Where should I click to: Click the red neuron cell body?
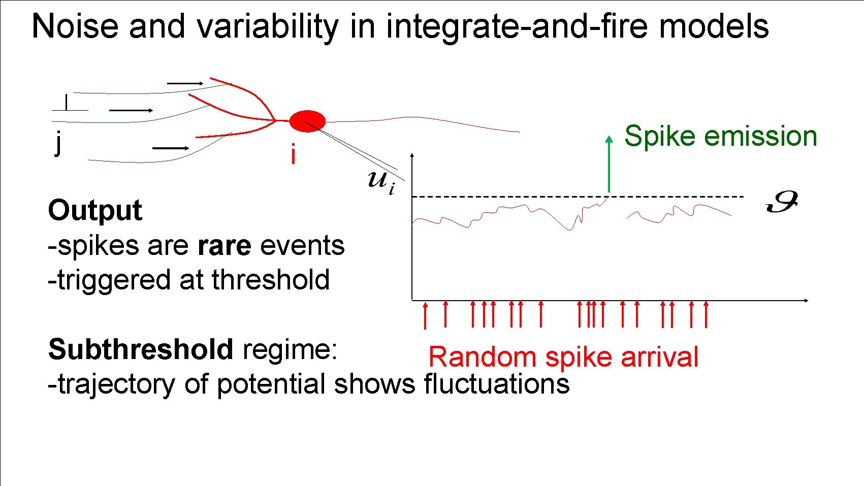[x=307, y=121]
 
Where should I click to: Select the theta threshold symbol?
[x=782, y=202]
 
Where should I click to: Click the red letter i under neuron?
[x=293, y=154]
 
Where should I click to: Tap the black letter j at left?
[x=59, y=143]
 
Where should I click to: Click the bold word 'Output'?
[x=95, y=210]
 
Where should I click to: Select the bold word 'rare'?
[x=224, y=246]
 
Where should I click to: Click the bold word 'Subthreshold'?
[x=141, y=349]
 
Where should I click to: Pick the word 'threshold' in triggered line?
[x=271, y=280]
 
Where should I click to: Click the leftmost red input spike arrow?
[x=426, y=315]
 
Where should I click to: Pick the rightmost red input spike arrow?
[x=706, y=314]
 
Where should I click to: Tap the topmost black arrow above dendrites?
[x=185, y=83]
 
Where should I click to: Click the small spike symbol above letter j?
[x=67, y=104]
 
